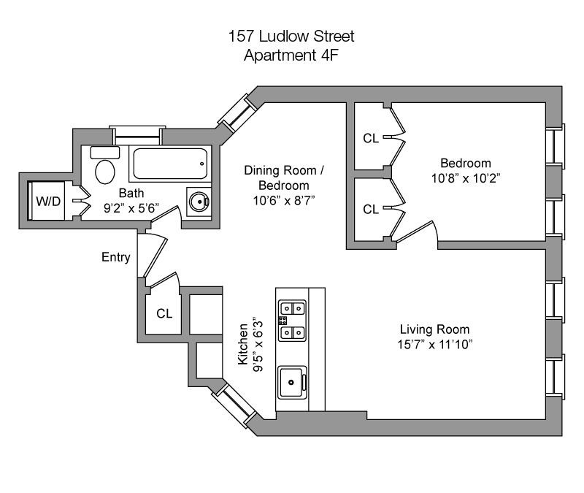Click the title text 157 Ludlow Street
[291, 36]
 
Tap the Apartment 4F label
[291, 54]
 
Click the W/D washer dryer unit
[49, 202]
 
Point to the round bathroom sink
[198, 199]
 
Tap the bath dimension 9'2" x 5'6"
[133, 209]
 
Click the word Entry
[116, 257]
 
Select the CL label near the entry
[164, 314]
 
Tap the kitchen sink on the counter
[293, 381]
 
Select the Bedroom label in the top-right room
[465, 163]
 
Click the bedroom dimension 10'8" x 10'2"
[465, 177]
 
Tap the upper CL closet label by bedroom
[371, 138]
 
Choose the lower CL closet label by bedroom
[371, 209]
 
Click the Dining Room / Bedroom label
[284, 177]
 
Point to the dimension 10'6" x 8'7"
[284, 199]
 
